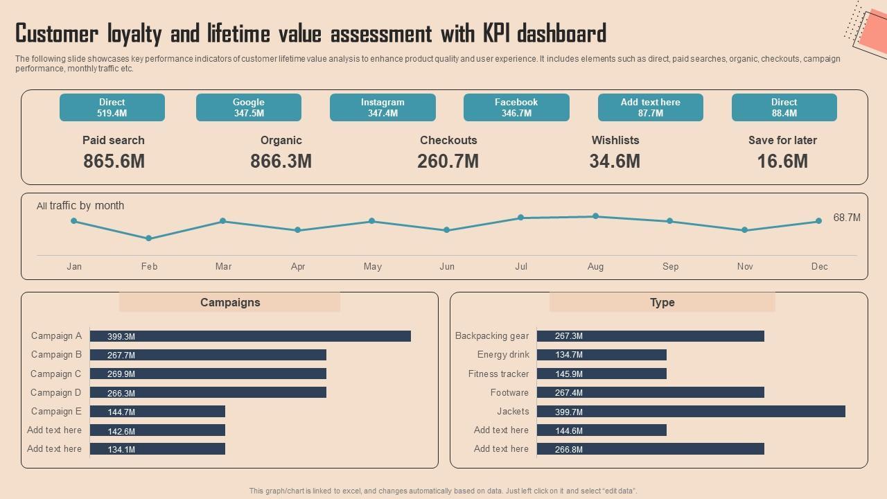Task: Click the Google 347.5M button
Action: pyautogui.click(x=249, y=107)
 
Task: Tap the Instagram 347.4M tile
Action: pyautogui.click(x=383, y=107)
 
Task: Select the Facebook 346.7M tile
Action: pyautogui.click(x=516, y=107)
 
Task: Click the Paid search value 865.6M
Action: pyautogui.click(x=114, y=161)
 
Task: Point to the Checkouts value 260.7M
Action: pyautogui.click(x=448, y=161)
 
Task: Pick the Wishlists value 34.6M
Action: pyautogui.click(x=615, y=161)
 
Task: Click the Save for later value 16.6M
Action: pyautogui.click(x=782, y=161)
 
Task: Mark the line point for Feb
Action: pyautogui.click(x=149, y=238)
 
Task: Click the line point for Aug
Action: pyautogui.click(x=595, y=216)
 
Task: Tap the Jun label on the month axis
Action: pyautogui.click(x=447, y=266)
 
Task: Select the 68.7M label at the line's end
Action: pyautogui.click(x=847, y=218)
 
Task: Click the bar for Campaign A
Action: pyautogui.click(x=250, y=336)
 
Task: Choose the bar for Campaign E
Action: pyautogui.click(x=157, y=412)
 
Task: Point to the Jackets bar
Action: pyautogui.click(x=691, y=412)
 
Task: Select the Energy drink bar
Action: pyautogui.click(x=601, y=355)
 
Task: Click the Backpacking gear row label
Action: pyautogui.click(x=492, y=336)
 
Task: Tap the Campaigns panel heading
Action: pyautogui.click(x=230, y=302)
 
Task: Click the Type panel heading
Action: pyautogui.click(x=662, y=302)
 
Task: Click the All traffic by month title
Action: pyautogui.click(x=80, y=206)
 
